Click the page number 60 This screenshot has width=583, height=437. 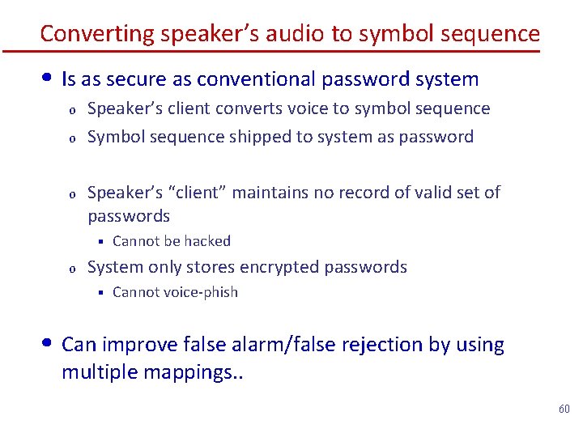564,409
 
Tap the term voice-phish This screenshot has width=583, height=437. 198,292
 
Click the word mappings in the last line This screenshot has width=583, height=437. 195,375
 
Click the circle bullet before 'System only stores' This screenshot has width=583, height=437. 71,268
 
